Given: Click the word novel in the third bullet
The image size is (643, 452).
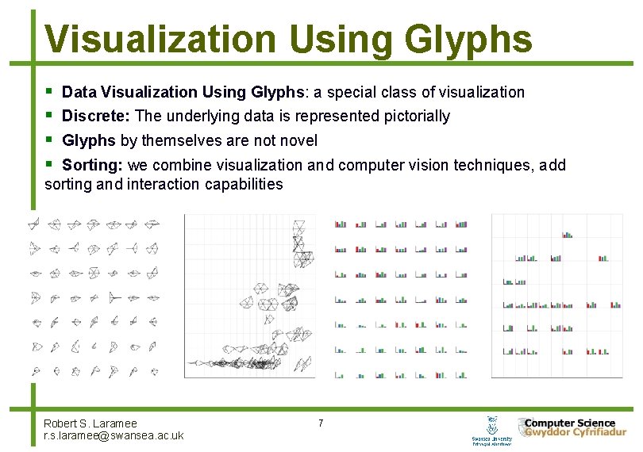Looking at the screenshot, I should (x=299, y=140).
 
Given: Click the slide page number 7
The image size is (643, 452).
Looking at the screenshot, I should (x=321, y=423).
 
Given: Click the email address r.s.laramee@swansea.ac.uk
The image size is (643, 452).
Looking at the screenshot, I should (x=114, y=436).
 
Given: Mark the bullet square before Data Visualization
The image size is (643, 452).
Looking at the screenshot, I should (x=49, y=92).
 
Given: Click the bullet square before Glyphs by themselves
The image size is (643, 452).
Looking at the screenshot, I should (x=49, y=140).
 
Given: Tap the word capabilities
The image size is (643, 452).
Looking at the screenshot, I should (x=246, y=185).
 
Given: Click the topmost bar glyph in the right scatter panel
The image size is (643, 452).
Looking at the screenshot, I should (x=568, y=234).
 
